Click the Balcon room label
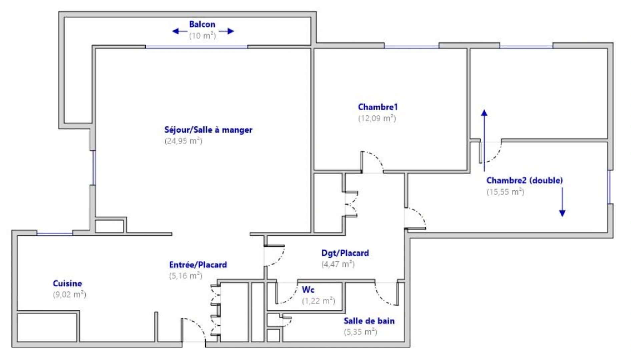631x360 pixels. (x=202, y=24)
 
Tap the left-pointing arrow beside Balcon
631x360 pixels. (x=179, y=31)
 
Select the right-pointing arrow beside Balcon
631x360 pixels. (x=227, y=31)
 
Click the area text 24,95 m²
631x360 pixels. (x=183, y=141)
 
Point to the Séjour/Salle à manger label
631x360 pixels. (x=208, y=130)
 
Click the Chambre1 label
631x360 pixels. (x=378, y=107)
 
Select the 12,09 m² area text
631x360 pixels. (x=377, y=118)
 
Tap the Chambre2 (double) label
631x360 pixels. (x=524, y=180)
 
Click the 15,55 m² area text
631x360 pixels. (x=505, y=192)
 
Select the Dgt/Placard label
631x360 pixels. (x=345, y=253)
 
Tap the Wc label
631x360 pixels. (x=308, y=290)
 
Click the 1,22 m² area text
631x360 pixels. (x=319, y=301)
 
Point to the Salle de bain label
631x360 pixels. (x=369, y=321)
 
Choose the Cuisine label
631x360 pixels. (x=67, y=283)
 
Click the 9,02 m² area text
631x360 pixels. (x=69, y=295)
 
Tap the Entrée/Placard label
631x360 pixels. (x=198, y=265)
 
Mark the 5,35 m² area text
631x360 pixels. (x=360, y=332)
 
